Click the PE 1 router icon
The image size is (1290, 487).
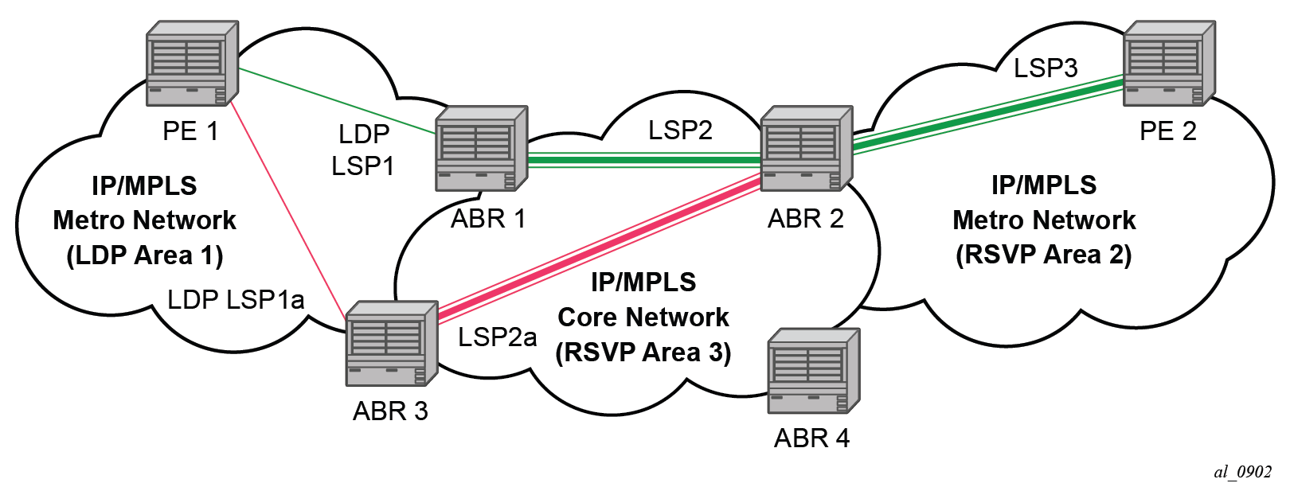click(192, 64)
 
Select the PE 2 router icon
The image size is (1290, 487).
click(1168, 64)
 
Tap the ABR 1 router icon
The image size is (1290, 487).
click(481, 149)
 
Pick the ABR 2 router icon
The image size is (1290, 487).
click(806, 149)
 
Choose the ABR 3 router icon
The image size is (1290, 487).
click(392, 343)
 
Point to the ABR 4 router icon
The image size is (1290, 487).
click(813, 371)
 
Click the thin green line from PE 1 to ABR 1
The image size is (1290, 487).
click(334, 100)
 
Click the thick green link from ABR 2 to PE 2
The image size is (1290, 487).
click(987, 113)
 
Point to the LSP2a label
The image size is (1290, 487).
click(497, 337)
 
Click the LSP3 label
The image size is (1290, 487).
click(1045, 68)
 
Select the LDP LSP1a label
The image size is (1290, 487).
click(236, 299)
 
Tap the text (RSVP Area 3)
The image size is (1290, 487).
click(643, 352)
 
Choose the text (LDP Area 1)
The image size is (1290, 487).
click(144, 255)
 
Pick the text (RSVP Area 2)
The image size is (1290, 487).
click(1043, 255)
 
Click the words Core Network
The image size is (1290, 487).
click(643, 317)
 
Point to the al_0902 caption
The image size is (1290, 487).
click(1242, 472)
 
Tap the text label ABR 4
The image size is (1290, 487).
click(811, 438)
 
